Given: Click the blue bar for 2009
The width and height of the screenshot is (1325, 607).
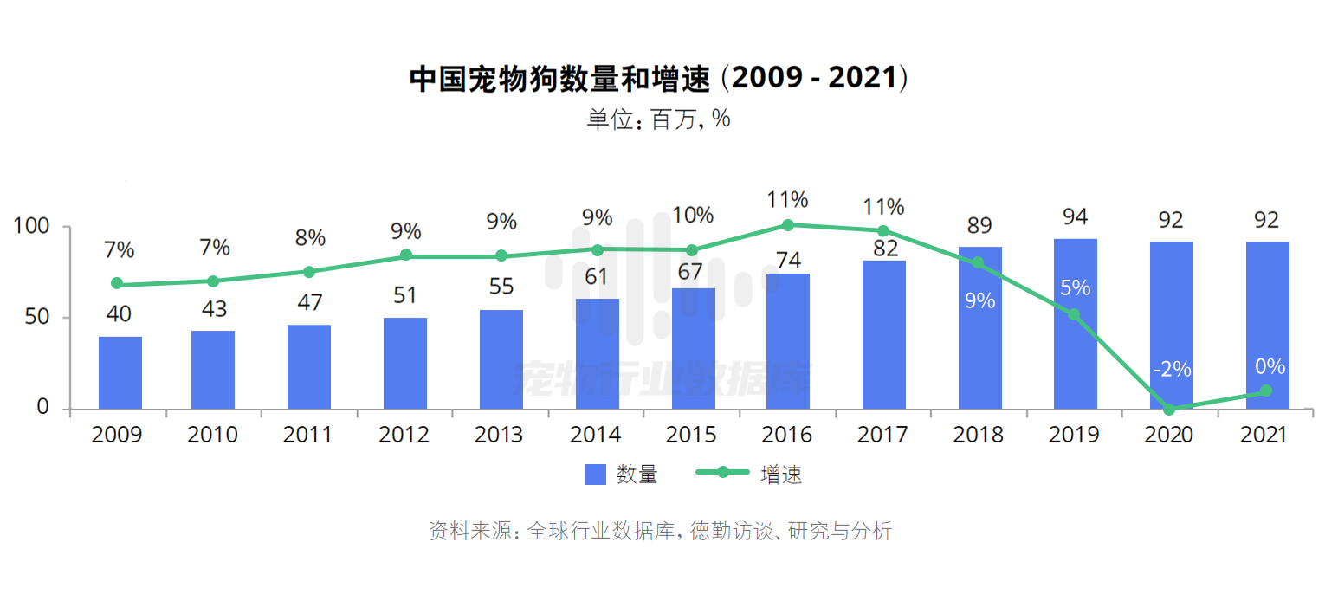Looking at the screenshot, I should pyautogui.click(x=120, y=372).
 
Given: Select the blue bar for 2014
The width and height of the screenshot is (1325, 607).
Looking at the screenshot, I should pyautogui.click(x=598, y=353).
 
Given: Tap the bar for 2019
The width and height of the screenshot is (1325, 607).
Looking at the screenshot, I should pyautogui.click(x=1076, y=324).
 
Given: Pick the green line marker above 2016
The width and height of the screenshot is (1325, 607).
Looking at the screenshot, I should pyautogui.click(x=788, y=225).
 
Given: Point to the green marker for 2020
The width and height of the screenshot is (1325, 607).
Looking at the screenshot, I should pyautogui.click(x=1170, y=409).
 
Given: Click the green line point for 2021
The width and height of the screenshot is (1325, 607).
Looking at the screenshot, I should pyautogui.click(x=1266, y=391).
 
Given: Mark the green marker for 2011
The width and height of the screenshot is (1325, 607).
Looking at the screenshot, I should pyautogui.click(x=309, y=272).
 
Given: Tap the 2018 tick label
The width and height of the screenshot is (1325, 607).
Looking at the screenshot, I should pyautogui.click(x=979, y=435).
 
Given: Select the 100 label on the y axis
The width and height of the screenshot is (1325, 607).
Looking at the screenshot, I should pyautogui.click(x=30, y=227).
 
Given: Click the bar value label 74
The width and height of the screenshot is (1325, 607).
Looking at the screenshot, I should pyautogui.click(x=788, y=260).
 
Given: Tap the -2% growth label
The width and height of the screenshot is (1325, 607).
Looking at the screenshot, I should pyautogui.click(x=1172, y=370).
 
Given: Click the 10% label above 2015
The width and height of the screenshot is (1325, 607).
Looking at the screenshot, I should pyautogui.click(x=693, y=215).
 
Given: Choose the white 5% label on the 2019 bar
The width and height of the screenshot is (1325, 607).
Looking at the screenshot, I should pyautogui.click(x=1075, y=287).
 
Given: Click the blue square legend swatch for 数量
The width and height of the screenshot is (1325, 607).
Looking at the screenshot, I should pyautogui.click(x=596, y=475).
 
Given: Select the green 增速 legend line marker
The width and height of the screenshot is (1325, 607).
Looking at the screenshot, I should pyautogui.click(x=722, y=473).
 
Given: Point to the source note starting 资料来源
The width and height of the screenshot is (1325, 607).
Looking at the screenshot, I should pyautogui.click(x=660, y=531).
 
